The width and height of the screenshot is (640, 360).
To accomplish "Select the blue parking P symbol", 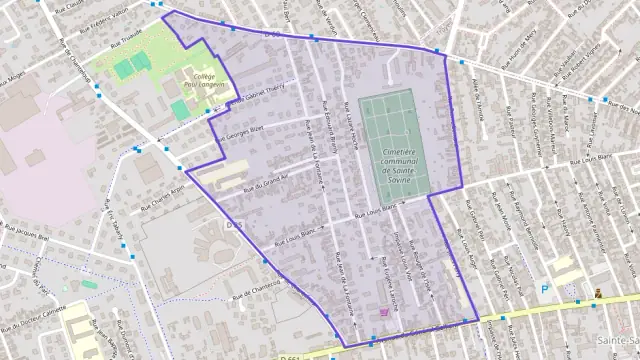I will pos(545,289).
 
